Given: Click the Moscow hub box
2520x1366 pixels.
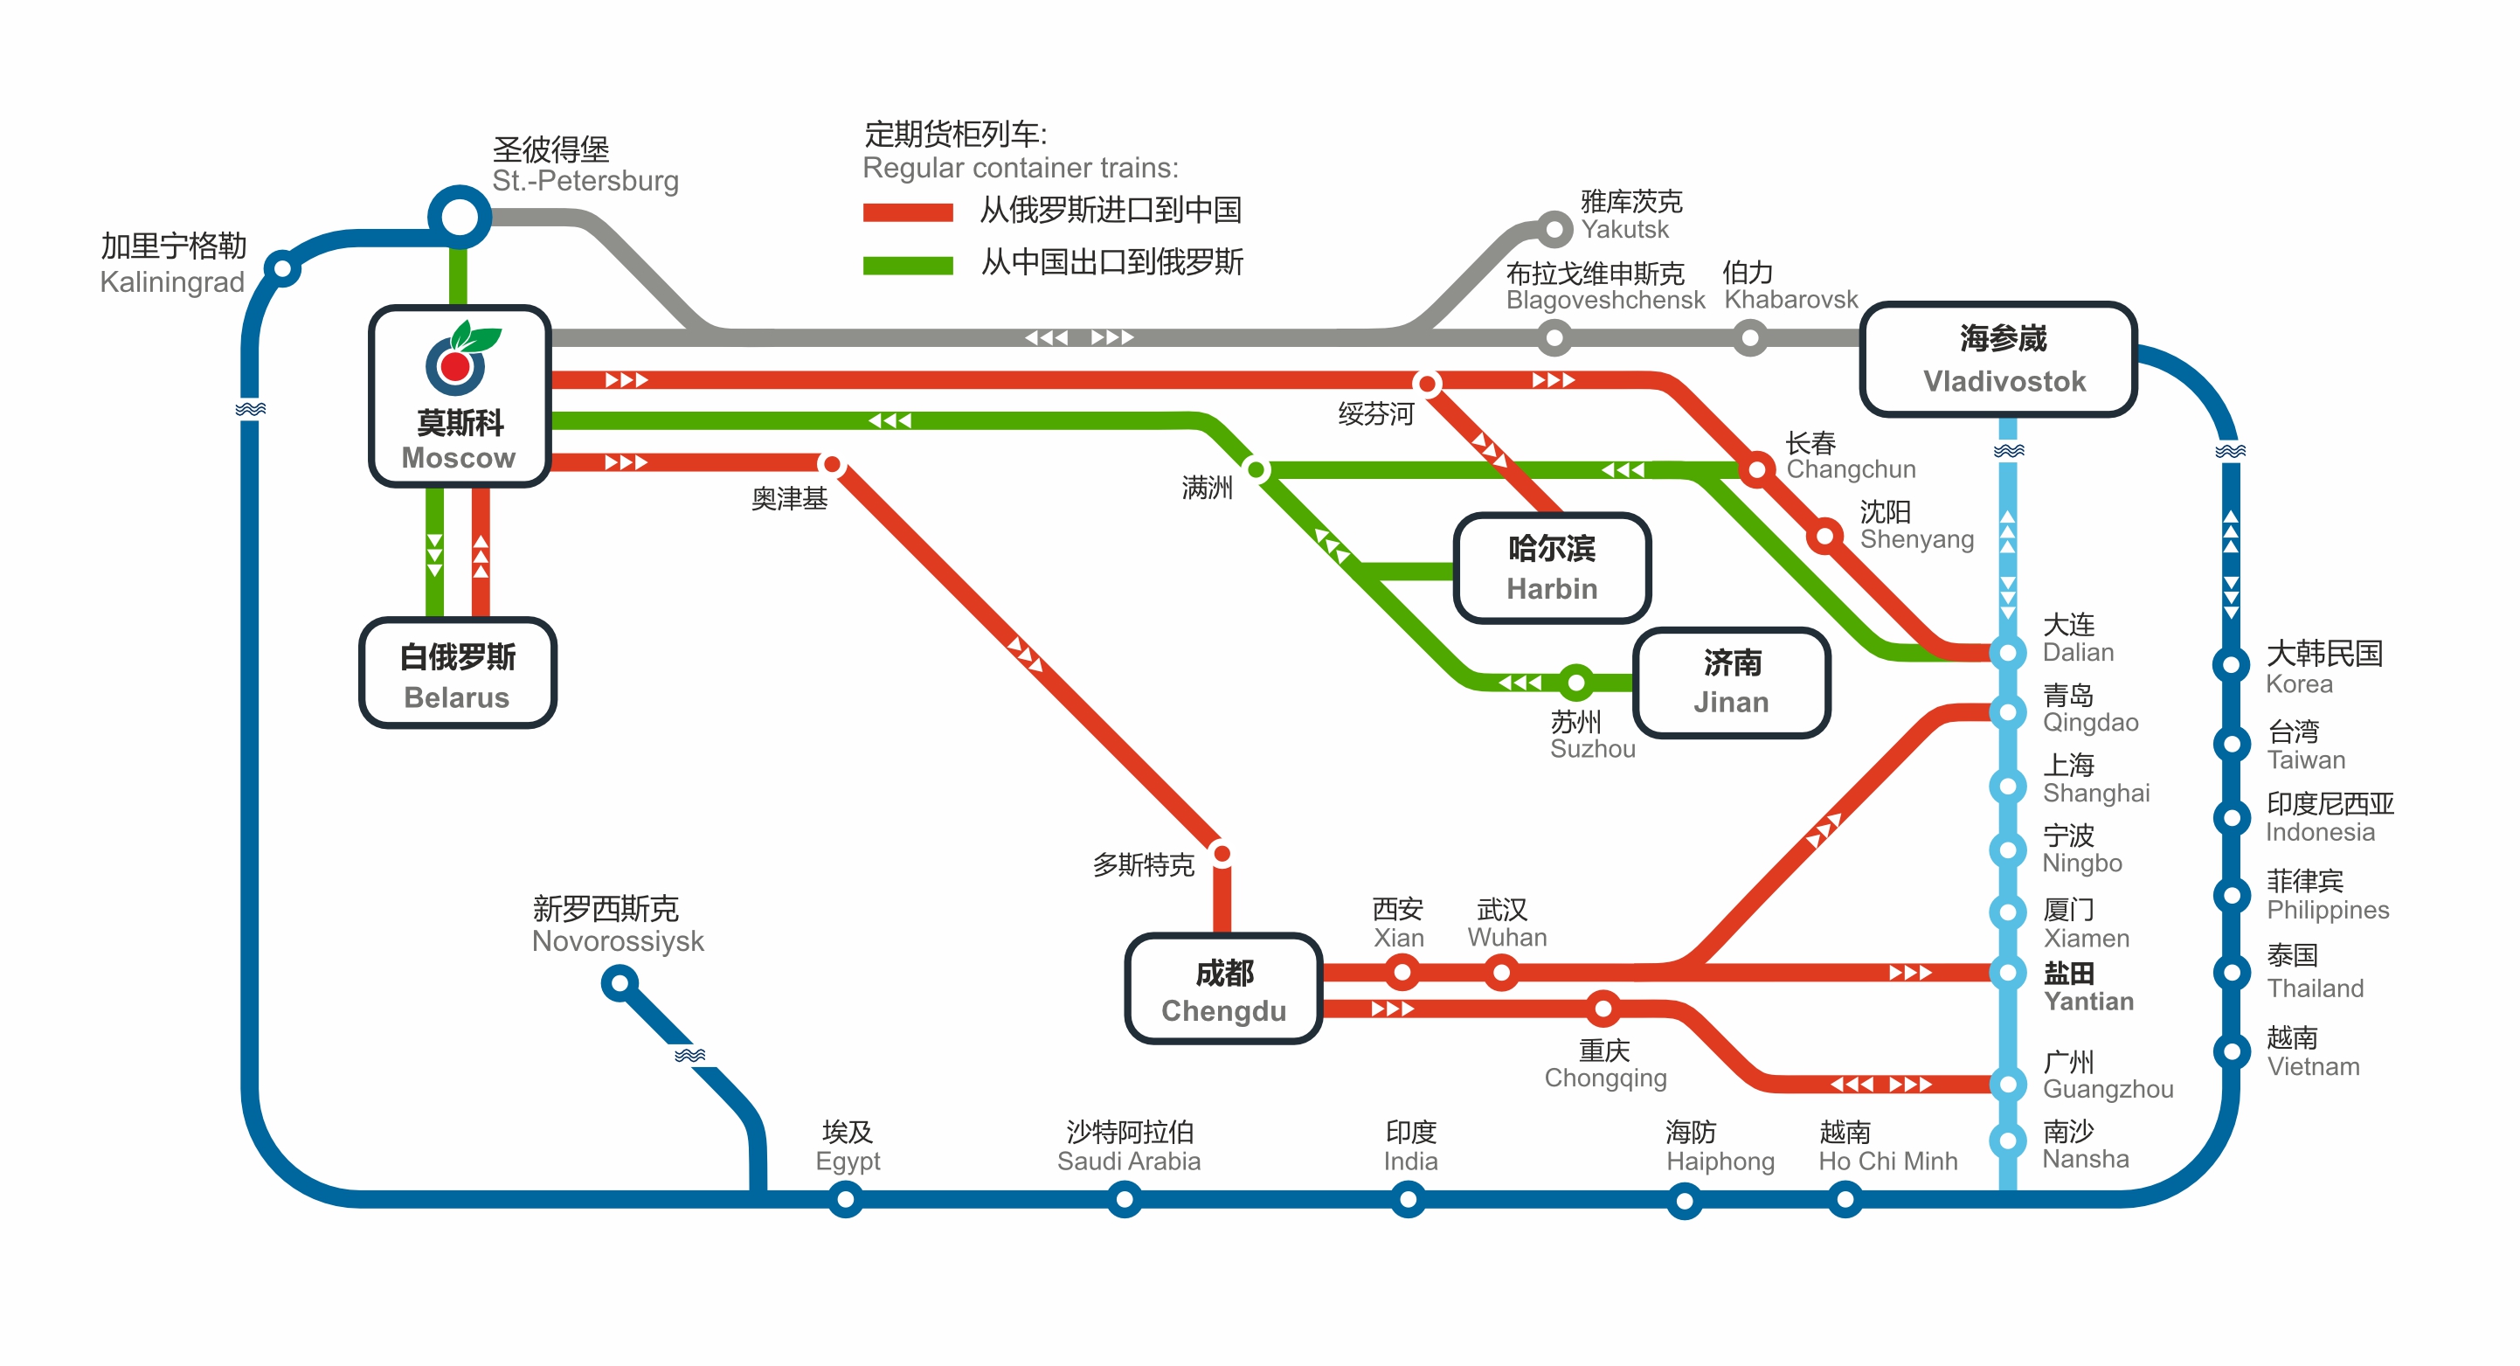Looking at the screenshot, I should pos(459,396).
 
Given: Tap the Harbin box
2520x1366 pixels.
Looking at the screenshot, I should pos(1552,567).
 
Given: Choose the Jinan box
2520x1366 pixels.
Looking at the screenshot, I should pos(1731,682).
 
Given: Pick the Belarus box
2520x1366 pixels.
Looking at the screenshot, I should pos(458,673).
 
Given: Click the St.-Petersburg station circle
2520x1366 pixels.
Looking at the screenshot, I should pos(459,216).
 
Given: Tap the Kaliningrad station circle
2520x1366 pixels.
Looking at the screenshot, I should pos(281,267).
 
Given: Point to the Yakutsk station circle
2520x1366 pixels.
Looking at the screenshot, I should pos(1554,230).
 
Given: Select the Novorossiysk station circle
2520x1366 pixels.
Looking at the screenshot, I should pos(620,982).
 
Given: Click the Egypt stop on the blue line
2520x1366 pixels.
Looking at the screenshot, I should pos(845,1199).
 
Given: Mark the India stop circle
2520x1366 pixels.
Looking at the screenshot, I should pos(1407,1199).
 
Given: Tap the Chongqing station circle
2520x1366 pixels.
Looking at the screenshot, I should pos(1603,1008).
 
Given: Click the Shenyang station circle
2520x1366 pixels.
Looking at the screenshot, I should pos(1824,535).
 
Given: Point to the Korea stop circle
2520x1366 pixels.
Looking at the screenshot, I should pos(2231,665).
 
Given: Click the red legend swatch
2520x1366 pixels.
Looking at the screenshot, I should pos(907,211).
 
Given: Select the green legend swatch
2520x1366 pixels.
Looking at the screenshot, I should pos(907,264).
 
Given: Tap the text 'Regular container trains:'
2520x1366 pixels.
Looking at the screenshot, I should pos(1020,169).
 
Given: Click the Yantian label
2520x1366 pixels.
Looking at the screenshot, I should pos(2087,988).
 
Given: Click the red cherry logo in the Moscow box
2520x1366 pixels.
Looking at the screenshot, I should pos(456,366).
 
